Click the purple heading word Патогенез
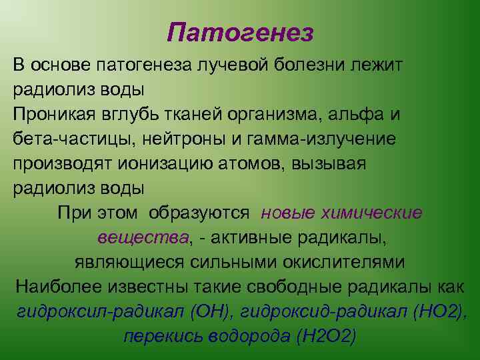tap(240, 33)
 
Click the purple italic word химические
tap(372, 213)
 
